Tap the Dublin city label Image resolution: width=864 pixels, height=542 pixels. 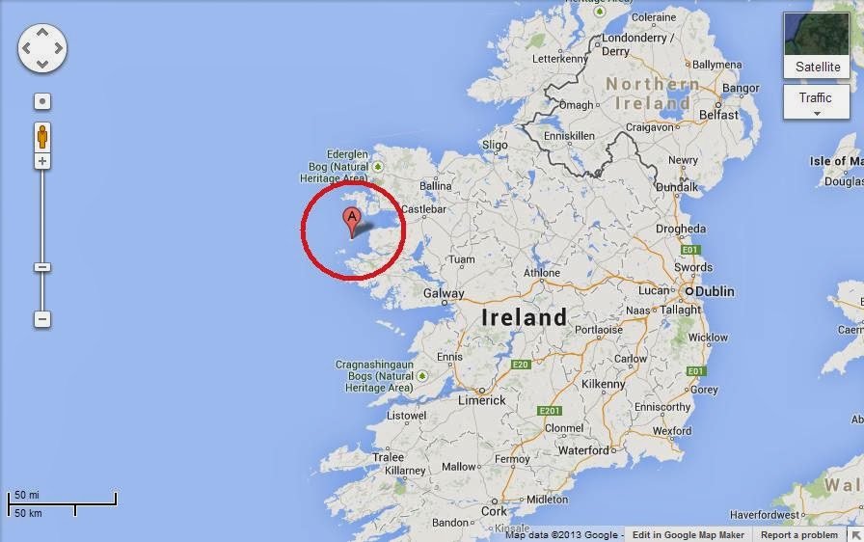tap(715, 291)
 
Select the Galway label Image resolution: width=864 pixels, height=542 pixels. tap(444, 293)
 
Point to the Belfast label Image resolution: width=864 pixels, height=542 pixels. tap(719, 115)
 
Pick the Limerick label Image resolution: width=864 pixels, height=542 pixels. tap(482, 400)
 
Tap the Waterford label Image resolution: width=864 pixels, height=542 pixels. tap(583, 450)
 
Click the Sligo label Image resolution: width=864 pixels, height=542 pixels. tap(495, 145)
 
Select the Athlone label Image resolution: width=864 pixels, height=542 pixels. tap(542, 273)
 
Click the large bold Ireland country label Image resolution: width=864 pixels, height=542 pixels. tap(525, 317)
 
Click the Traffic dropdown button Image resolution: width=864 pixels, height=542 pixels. tap(816, 101)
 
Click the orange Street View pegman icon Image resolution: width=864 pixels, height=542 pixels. tap(42, 136)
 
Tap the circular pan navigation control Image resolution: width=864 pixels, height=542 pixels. tap(42, 47)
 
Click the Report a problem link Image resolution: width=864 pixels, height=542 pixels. tap(799, 535)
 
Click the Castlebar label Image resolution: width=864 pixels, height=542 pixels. tap(424, 208)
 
